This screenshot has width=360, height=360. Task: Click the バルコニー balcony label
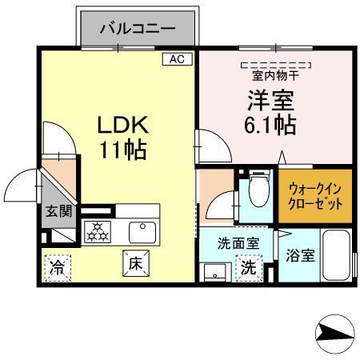[x=138, y=30]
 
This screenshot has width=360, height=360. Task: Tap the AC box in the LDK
[x=177, y=58]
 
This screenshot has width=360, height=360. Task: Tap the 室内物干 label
[x=275, y=77]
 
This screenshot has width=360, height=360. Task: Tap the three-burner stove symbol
[x=99, y=232]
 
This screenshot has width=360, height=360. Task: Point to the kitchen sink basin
[x=142, y=231]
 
